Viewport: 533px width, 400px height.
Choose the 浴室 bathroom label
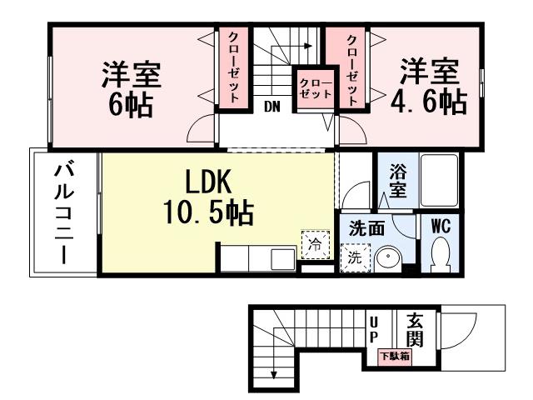[398, 181]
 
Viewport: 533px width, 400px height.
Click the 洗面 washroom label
[366, 227]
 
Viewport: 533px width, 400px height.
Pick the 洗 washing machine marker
[355, 257]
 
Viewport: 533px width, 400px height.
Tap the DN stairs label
[271, 107]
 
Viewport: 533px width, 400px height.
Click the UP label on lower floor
[374, 327]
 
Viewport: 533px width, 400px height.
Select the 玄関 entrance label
[414, 329]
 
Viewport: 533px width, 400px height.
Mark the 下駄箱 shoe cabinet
[396, 357]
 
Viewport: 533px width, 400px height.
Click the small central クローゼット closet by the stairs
[316, 87]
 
